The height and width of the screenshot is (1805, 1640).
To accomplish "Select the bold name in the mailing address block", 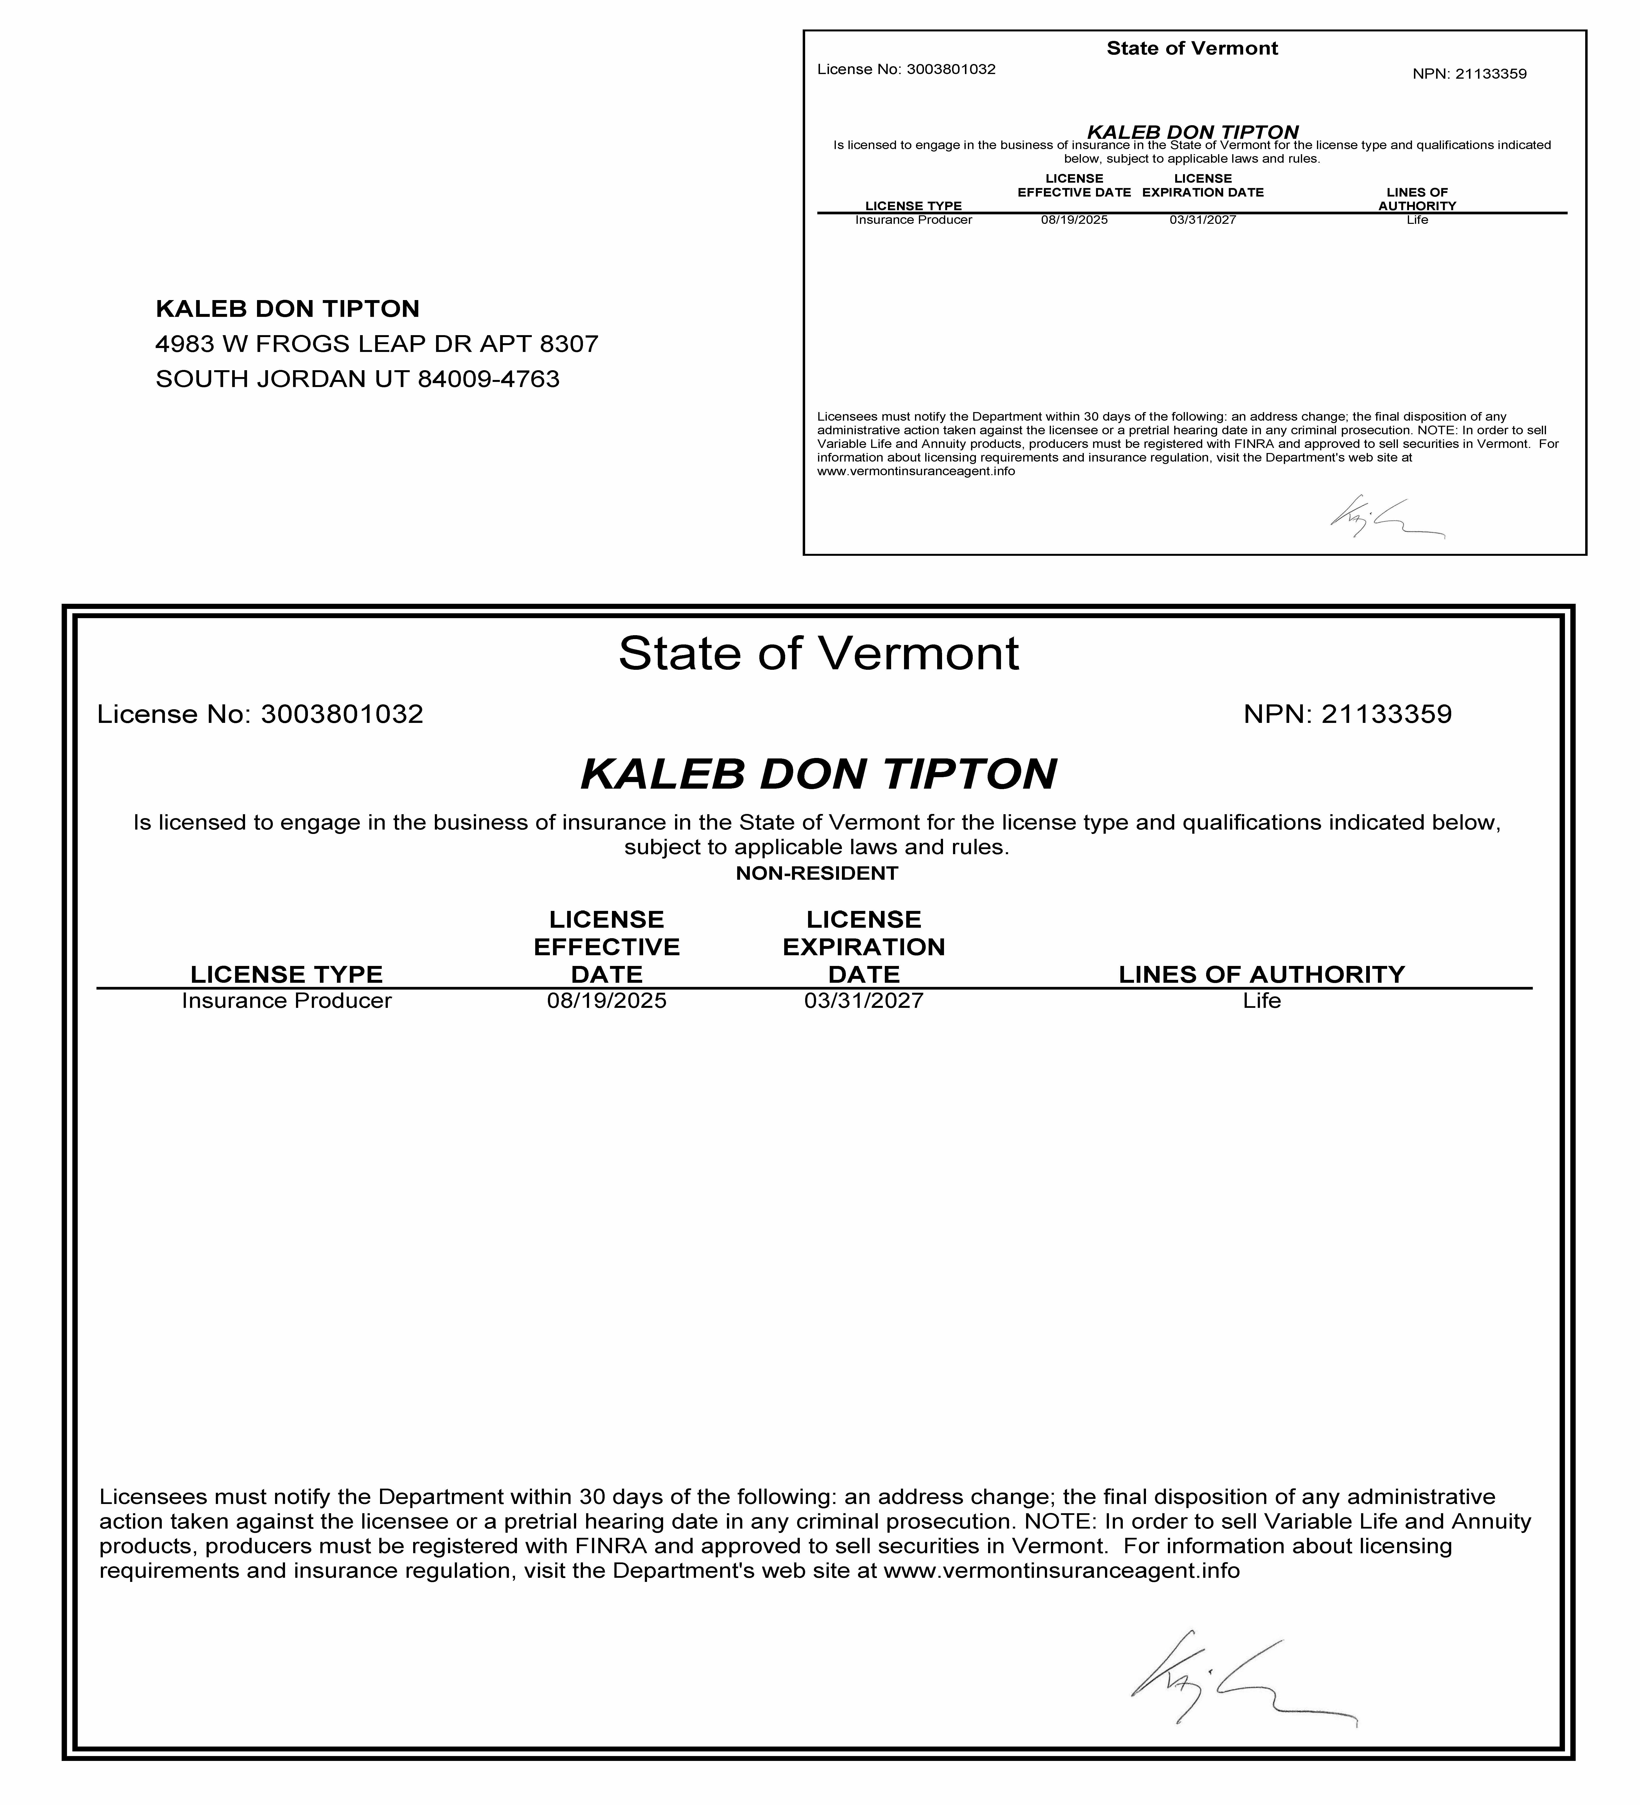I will click(x=287, y=309).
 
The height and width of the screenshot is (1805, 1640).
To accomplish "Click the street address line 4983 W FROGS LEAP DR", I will click(x=376, y=344).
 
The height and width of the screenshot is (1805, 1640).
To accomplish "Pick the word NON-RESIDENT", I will click(x=817, y=874).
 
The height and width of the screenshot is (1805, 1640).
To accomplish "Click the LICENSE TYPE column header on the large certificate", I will click(x=287, y=974).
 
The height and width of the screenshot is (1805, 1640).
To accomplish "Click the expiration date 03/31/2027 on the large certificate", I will click(x=863, y=1001).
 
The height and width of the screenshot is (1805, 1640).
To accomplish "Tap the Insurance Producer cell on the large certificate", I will click(x=287, y=1001).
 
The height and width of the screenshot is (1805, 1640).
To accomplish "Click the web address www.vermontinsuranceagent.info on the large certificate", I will click(x=1061, y=1571).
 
